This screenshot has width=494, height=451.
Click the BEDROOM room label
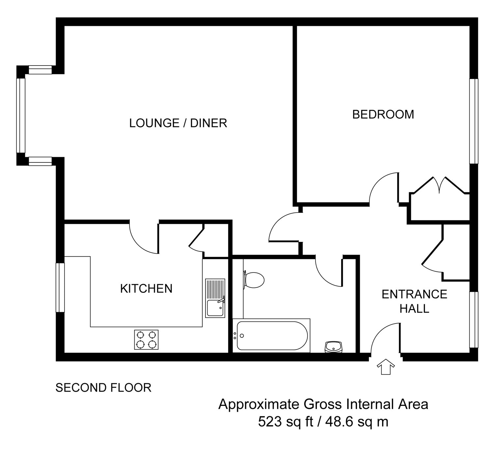(383, 115)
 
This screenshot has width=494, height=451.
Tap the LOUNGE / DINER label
(178, 123)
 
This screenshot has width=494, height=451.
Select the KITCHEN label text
(146, 289)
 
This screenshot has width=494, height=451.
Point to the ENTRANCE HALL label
(414, 301)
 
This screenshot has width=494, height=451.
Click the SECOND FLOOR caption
(103, 388)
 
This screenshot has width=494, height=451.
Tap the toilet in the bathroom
(254, 280)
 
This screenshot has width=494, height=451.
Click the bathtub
(271, 335)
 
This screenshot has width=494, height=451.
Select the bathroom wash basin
(334, 347)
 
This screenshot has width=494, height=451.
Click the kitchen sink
(215, 298)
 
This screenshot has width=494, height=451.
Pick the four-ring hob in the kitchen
(146, 340)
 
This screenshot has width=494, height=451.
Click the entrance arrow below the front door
(386, 367)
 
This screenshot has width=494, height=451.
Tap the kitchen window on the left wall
(60, 288)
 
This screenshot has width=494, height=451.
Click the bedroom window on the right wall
(474, 121)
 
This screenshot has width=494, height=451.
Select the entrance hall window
(474, 320)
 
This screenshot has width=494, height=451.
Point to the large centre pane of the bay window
(21, 116)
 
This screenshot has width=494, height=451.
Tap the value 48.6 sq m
(357, 422)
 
